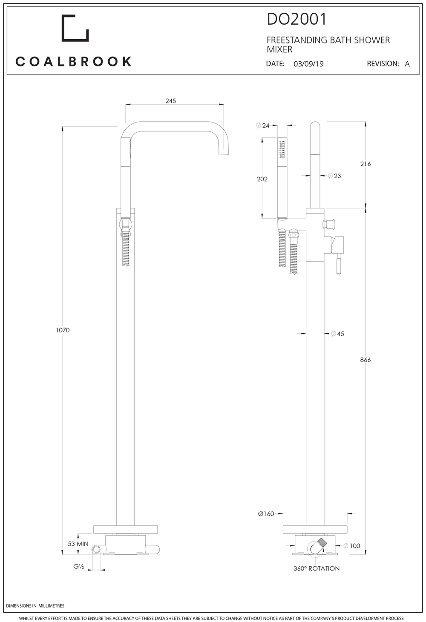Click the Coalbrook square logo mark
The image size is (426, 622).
point(75,29)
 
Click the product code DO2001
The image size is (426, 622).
point(296,19)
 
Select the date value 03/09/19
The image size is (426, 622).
point(308,64)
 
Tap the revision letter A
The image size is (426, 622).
point(407,64)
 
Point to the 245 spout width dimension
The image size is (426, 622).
point(170,101)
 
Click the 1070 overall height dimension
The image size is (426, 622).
point(63,330)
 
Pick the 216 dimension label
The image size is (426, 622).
point(365,164)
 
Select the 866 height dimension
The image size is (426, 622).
point(365,360)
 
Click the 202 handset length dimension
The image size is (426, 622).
point(262,179)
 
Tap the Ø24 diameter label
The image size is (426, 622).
point(263,126)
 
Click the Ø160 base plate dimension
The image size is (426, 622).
point(266,514)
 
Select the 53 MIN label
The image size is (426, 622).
point(78,544)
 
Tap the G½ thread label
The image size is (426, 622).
point(78,566)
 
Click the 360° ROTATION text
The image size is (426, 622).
point(317,568)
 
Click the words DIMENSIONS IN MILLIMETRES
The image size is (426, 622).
point(35,606)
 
